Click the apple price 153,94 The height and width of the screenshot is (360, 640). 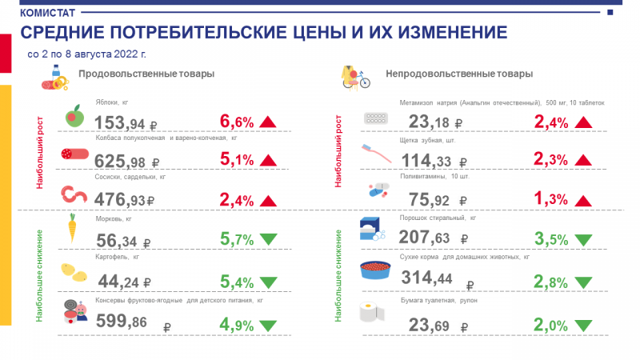122,123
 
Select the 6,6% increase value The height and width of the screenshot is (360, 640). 236,122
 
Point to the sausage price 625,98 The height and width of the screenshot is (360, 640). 122,162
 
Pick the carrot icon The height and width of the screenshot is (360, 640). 71,228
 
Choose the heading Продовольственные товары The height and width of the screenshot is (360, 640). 146,74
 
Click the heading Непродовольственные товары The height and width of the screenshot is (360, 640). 459,74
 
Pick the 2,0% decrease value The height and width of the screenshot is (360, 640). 550,325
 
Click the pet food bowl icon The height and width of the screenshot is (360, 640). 374,270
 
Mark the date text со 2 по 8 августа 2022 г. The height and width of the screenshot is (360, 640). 86,55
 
